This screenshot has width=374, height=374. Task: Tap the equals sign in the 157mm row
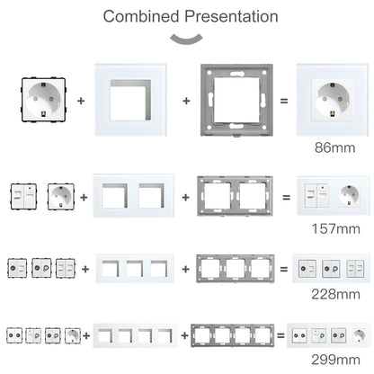tap(284, 194)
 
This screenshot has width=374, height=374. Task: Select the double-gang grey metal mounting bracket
tap(236, 194)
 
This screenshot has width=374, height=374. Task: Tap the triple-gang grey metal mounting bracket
tap(236, 269)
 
